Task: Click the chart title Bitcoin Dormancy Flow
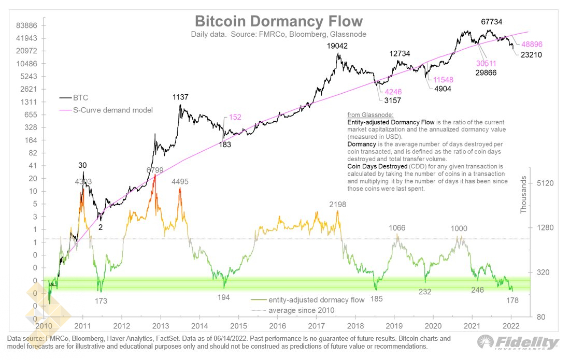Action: coord(279,21)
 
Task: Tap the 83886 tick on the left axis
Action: coord(26,25)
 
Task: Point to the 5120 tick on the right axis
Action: coord(545,183)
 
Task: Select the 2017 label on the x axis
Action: coord(316,326)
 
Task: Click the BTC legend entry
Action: coord(74,98)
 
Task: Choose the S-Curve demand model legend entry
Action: coord(106,110)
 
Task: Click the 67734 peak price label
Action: coord(491,22)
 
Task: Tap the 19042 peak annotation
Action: coord(337,46)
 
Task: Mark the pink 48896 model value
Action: coord(532,45)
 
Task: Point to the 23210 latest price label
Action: coord(531,55)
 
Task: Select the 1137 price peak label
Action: coord(180,97)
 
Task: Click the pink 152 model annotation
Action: coord(235,117)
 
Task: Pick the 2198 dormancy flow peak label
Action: coord(338,205)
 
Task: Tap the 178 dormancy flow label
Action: coord(512,300)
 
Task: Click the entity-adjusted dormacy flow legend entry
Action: coord(307,300)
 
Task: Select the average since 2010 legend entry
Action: coord(293,310)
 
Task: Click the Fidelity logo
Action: coord(518,342)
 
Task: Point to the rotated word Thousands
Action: coord(523,195)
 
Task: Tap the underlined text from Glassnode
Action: coord(370,115)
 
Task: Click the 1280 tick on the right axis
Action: coord(545,228)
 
